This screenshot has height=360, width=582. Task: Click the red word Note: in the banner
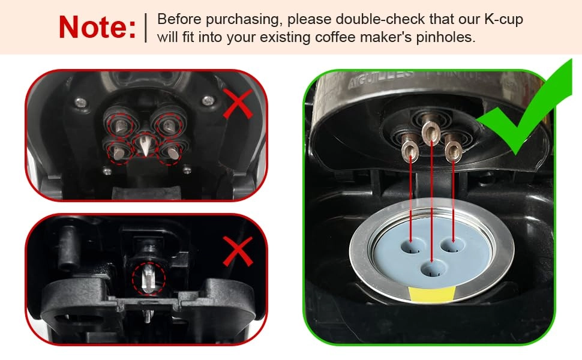point(97,28)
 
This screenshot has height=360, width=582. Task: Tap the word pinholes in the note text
point(447,37)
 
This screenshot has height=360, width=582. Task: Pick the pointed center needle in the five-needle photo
point(143,145)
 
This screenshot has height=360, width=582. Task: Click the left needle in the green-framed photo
point(410,148)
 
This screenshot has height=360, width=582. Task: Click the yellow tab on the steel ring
point(431,294)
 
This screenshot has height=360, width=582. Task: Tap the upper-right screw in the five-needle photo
point(208,100)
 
